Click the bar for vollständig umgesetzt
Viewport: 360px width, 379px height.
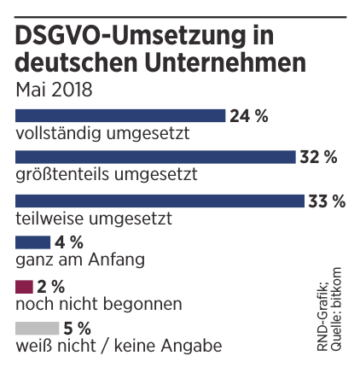click(x=120, y=114)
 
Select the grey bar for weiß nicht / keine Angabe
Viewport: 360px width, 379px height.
click(x=38, y=327)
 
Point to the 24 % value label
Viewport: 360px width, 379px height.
click(x=250, y=114)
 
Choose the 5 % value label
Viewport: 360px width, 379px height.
click(x=77, y=327)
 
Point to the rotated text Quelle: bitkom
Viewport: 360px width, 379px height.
click(x=338, y=306)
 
